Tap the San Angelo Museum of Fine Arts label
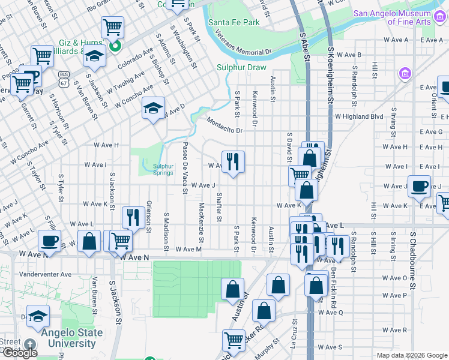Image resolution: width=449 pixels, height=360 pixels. (392, 17)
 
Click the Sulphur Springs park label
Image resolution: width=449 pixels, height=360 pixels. (162, 169)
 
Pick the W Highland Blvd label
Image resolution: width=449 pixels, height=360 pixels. (359, 116)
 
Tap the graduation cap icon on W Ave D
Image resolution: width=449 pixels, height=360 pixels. (154, 109)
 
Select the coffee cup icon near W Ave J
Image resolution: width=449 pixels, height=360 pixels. (419, 186)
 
